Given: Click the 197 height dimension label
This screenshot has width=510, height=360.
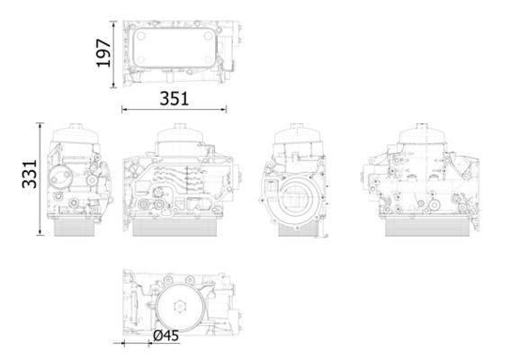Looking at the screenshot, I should tap(103, 53).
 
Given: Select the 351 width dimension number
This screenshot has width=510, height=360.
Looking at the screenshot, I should tap(174, 99).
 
